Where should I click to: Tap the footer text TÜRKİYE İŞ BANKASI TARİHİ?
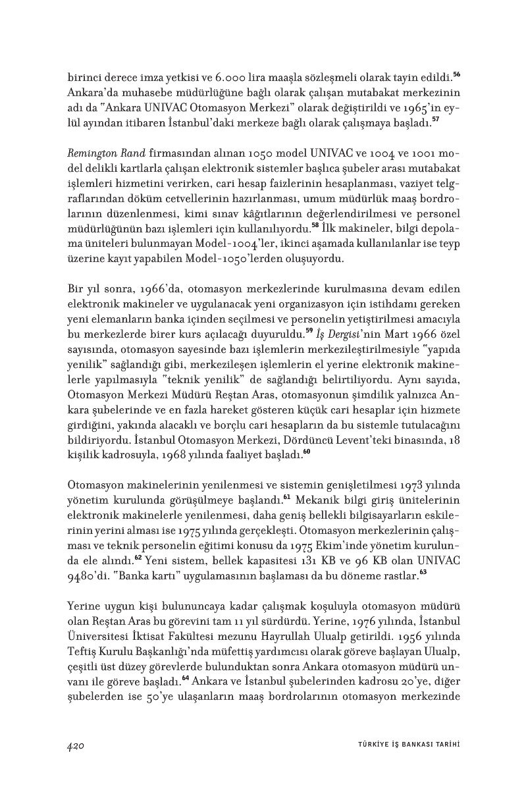[x=404, y=745]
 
